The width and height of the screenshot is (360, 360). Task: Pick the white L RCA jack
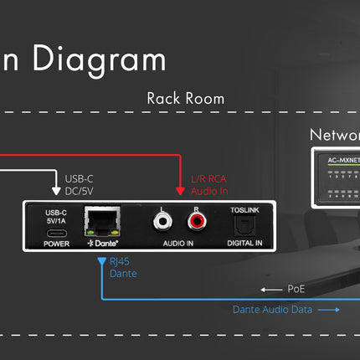tap(163, 222)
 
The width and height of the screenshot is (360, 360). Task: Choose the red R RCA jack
tap(198, 222)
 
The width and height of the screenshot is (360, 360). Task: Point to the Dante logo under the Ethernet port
tap(102, 245)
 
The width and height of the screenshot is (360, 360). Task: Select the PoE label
tap(294, 289)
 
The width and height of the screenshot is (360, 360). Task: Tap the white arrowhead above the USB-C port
tap(54, 194)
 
